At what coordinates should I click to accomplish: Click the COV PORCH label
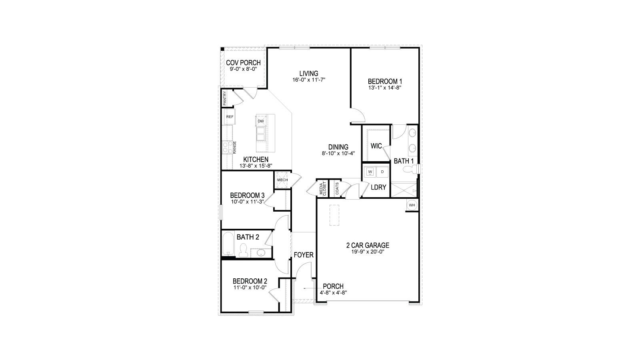(243, 63)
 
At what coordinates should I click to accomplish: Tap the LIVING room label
(309, 74)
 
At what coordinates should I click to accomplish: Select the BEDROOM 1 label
(385, 81)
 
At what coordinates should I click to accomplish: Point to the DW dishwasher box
(261, 121)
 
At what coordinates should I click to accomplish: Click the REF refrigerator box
(230, 117)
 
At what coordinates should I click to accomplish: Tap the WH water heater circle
(412, 205)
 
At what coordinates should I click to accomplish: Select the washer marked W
(370, 172)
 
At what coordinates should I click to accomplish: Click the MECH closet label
(282, 180)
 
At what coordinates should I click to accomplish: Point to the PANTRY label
(225, 98)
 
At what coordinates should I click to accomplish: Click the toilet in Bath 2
(242, 251)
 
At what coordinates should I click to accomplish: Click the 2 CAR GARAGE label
(368, 245)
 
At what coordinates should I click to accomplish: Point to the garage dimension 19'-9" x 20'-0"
(368, 252)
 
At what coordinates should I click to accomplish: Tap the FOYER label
(304, 255)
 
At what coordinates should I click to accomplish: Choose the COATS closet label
(337, 189)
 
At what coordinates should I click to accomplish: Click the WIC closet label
(376, 146)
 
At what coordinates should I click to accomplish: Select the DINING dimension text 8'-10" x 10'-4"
(338, 153)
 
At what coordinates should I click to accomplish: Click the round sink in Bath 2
(261, 253)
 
